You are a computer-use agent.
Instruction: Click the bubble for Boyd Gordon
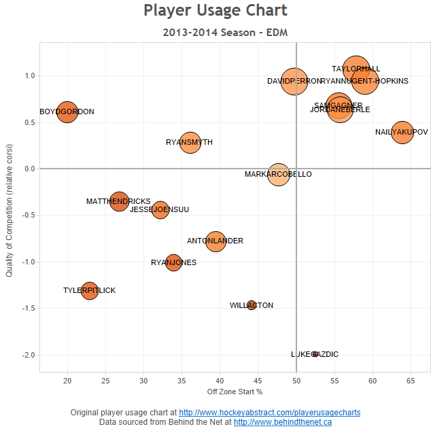[67, 111]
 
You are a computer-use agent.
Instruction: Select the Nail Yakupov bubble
[403, 131]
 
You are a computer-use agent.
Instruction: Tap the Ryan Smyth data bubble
[190, 142]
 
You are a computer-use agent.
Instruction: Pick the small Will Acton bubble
[252, 305]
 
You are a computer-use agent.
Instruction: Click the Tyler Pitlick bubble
[90, 290]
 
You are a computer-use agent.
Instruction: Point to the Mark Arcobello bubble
[279, 174]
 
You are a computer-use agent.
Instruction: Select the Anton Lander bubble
[215, 241]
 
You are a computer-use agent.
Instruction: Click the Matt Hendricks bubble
[120, 201]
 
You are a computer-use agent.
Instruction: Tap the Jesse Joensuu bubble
[160, 209]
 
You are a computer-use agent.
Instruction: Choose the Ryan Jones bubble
[174, 262]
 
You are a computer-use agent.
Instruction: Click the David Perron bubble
[294, 81]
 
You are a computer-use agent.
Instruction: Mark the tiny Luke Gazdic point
[314, 354]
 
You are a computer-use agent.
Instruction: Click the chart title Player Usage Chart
[215, 11]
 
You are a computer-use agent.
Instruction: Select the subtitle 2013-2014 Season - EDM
[215, 32]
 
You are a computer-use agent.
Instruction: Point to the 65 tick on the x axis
[411, 379]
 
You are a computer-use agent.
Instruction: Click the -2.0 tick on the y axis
[28, 355]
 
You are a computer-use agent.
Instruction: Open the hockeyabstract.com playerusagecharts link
[269, 413]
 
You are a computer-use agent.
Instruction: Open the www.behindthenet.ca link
[283, 422]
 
